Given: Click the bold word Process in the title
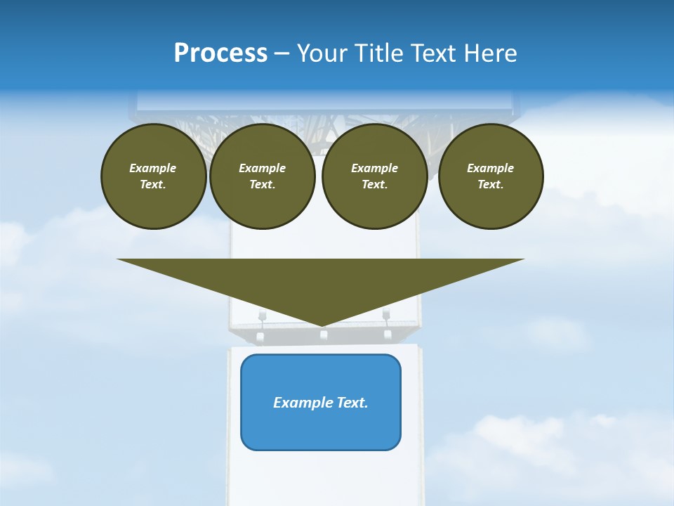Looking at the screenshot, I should [220, 53].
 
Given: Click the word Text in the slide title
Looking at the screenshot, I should [438, 53].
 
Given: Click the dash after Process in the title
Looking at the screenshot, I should [282, 54].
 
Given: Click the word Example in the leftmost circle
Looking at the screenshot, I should [153, 168].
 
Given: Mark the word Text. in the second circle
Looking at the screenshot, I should [263, 185].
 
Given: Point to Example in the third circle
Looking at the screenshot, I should [375, 168].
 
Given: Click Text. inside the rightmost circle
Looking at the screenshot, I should [491, 185].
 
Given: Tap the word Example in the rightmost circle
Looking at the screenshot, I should [491, 168].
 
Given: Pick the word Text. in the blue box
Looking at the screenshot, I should [352, 403].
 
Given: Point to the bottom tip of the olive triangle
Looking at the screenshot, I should [322, 325].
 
